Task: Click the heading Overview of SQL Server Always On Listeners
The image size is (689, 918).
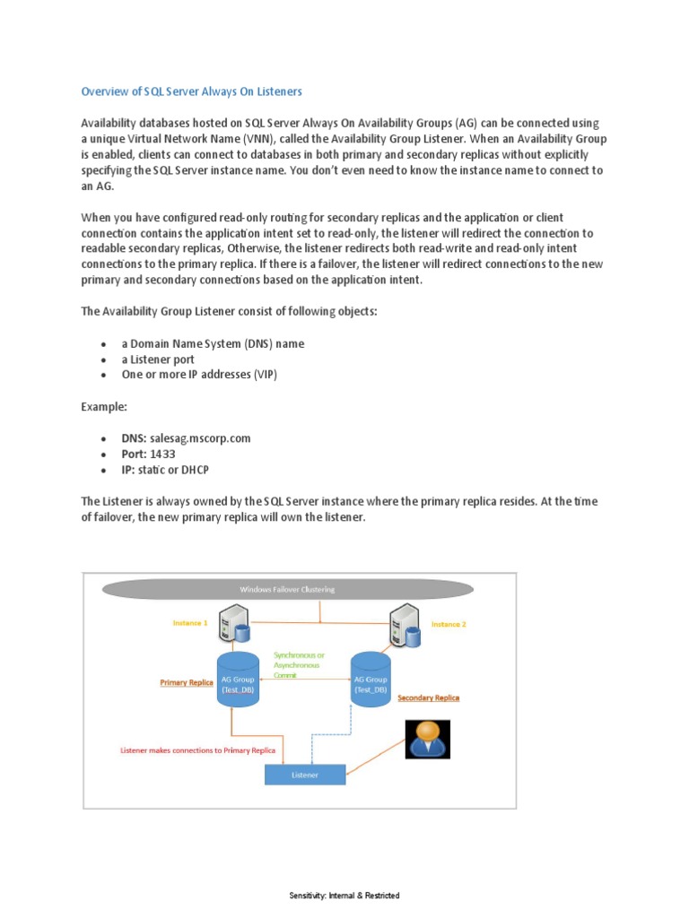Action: pos(192,91)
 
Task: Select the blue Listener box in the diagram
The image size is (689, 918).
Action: pos(305,775)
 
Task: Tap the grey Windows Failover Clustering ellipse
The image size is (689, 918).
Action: pos(287,589)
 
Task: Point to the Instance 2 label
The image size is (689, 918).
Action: pos(449,624)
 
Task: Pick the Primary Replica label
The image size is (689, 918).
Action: pos(187,682)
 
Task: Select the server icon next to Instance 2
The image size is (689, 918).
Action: pos(403,625)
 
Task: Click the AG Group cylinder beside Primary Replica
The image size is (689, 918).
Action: pos(239,681)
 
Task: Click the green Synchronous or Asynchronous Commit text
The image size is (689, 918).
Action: pos(300,664)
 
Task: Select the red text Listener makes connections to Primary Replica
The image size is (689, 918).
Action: pos(198,749)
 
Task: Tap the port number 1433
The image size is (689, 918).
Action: pos(162,455)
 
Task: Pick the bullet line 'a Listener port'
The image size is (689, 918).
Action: pos(158,359)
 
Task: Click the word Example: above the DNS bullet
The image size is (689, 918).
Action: pos(104,406)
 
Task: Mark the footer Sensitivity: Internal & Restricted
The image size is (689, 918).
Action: pos(344,896)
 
